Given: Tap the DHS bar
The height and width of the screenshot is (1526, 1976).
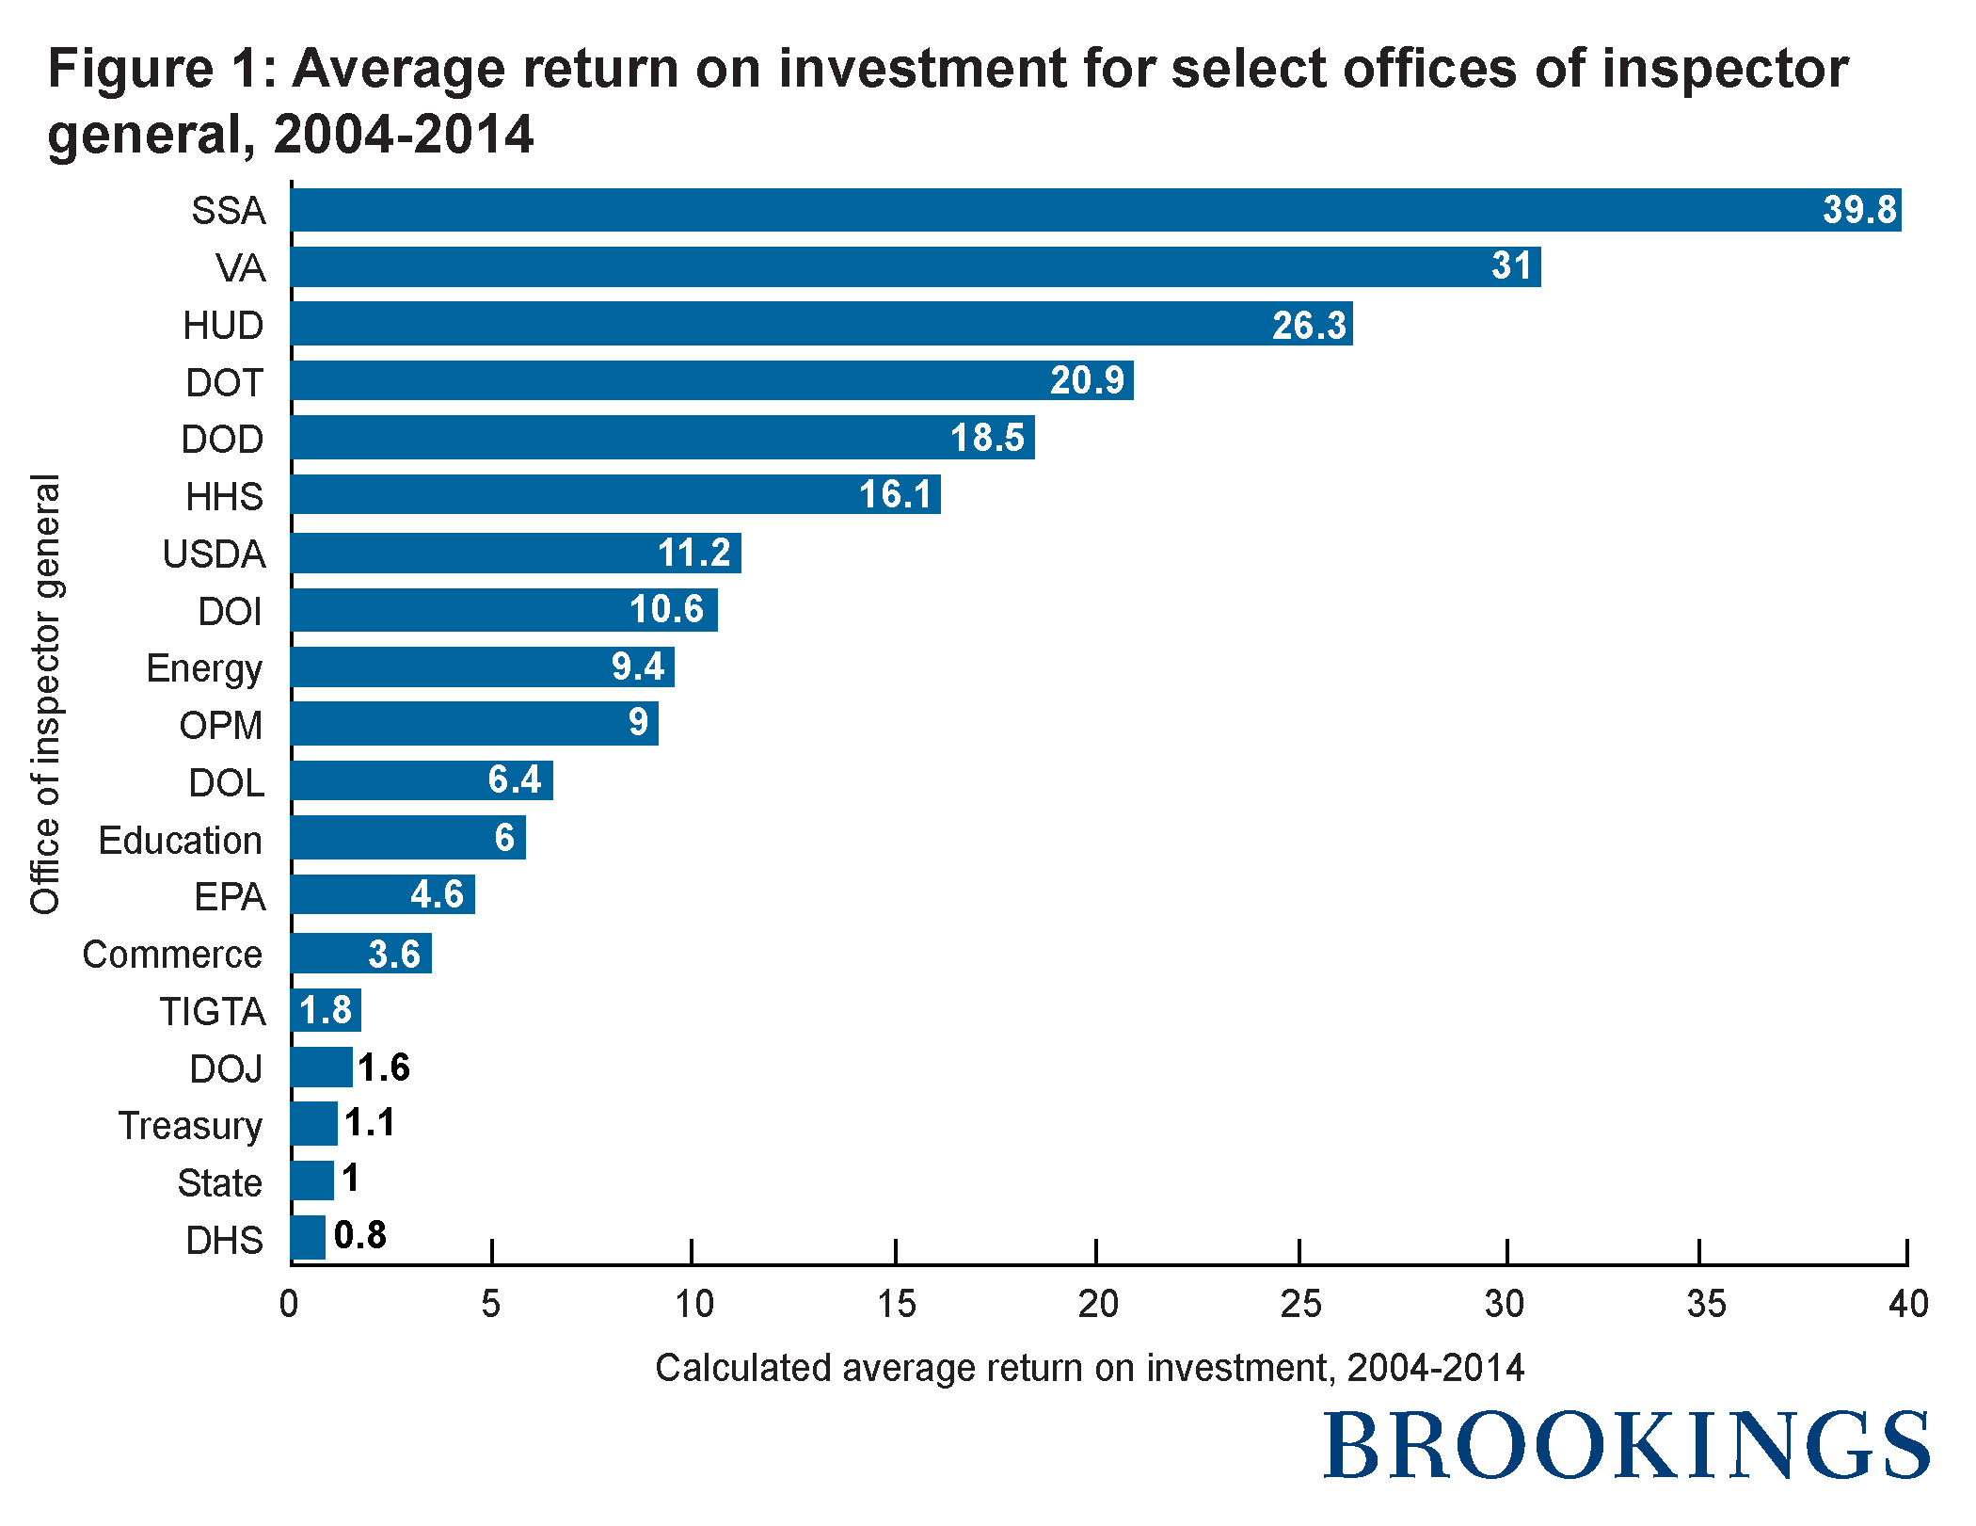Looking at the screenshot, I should [x=309, y=1237].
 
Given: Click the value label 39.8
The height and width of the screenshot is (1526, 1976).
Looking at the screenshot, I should [x=1858, y=210].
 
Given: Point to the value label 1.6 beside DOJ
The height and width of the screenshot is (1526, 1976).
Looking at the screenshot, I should [x=384, y=1068].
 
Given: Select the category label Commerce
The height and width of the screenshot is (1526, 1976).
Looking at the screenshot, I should [x=172, y=955].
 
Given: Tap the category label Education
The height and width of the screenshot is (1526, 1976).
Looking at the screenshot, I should [x=180, y=841].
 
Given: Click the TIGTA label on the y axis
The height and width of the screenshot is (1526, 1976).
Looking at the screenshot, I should [x=212, y=1012].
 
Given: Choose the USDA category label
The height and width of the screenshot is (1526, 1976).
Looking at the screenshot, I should [x=214, y=554].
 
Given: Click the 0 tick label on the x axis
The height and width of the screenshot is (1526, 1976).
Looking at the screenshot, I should [x=289, y=1304].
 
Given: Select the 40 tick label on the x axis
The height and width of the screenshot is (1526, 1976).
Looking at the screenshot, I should [x=1908, y=1304].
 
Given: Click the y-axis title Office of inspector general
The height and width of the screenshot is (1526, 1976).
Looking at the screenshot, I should [x=45, y=695].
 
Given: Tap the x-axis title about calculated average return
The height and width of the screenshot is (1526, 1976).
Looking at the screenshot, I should [x=1089, y=1368].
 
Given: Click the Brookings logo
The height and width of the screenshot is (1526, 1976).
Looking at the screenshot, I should [x=1626, y=1446].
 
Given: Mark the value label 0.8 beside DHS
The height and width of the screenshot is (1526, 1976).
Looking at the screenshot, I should [x=360, y=1235].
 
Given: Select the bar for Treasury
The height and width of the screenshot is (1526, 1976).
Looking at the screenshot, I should [x=314, y=1123].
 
